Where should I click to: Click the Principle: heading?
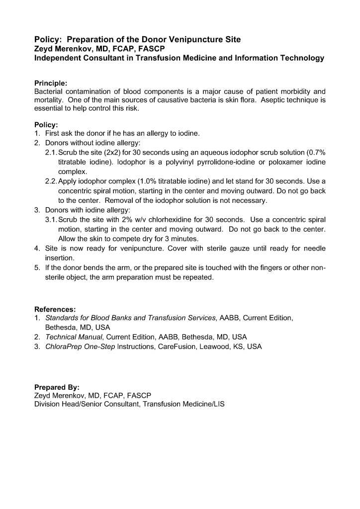pyautogui.click(x=50, y=83)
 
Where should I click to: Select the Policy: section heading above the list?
pyautogui.click(x=46, y=125)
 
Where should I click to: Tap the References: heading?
pyautogui.click(x=55, y=309)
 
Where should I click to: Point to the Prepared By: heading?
pyautogui.click(x=57, y=387)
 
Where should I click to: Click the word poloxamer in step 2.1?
pyautogui.click(x=278, y=162)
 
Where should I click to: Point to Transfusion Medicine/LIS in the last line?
pyautogui.click(x=183, y=405)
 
